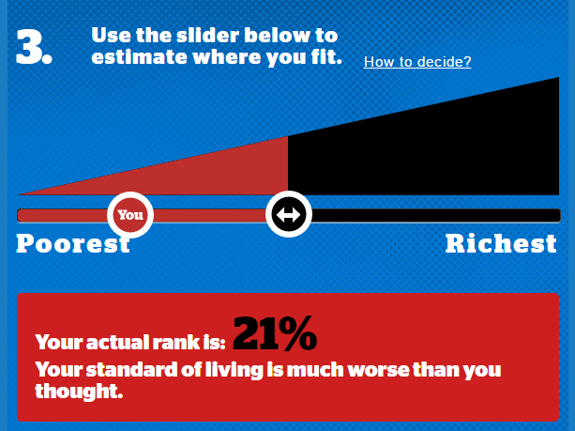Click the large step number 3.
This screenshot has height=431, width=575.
pos(34,47)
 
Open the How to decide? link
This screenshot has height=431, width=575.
pos(417,62)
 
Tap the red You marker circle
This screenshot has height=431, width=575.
pos(130,215)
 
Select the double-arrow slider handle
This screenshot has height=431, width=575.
pos(289,214)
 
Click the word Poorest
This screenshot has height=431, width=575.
pos(73,244)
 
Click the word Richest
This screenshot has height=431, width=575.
pos(501,244)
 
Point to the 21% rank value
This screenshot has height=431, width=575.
pos(275,333)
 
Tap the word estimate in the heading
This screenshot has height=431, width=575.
pos(140,57)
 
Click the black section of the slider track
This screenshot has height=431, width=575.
pos(435,216)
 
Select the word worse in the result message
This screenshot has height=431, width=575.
pos(378,369)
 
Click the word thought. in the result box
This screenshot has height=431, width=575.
pos(79,391)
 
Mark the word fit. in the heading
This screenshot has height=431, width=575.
pos(325,57)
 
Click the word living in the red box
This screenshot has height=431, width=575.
pos(234,370)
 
